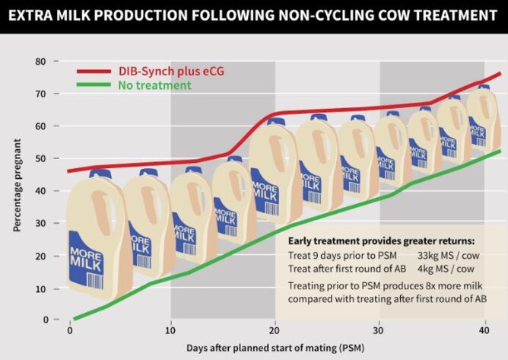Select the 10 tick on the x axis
[171, 331]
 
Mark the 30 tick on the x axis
[380, 331]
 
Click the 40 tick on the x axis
[484, 331]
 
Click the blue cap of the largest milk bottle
[100, 174]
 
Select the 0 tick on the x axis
[70, 331]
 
